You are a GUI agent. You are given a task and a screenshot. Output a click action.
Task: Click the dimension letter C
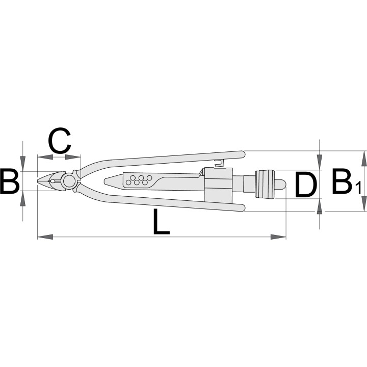point(60,141)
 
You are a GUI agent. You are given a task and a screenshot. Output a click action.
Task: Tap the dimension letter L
point(161,222)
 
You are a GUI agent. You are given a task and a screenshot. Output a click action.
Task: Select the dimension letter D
point(306,184)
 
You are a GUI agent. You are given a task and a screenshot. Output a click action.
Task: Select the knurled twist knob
point(265,184)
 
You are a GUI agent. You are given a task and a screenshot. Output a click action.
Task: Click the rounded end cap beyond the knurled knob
point(281,184)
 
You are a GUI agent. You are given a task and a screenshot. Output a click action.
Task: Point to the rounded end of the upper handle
point(242,154)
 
